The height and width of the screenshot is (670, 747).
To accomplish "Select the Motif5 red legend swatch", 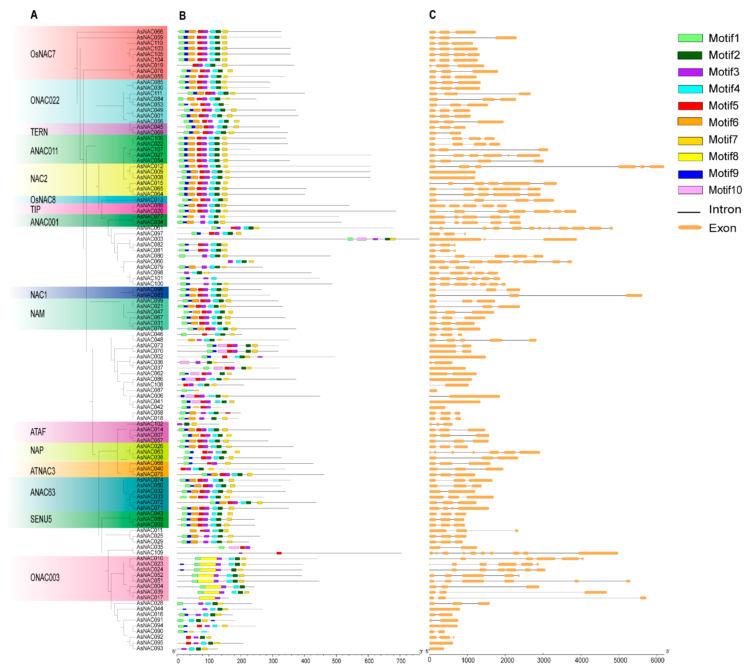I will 690,106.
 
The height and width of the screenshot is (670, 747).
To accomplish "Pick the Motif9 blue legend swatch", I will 690,174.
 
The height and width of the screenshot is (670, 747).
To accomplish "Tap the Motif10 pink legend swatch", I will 690,190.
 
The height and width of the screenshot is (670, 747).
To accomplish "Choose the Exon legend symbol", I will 690,227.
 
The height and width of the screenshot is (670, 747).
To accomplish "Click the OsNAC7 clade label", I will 43,54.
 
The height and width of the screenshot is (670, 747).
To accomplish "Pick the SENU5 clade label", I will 41,519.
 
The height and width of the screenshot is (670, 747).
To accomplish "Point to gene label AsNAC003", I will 149,239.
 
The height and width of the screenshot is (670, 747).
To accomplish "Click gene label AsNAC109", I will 149,553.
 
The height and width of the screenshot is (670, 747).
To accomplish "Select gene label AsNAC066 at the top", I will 149,32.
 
